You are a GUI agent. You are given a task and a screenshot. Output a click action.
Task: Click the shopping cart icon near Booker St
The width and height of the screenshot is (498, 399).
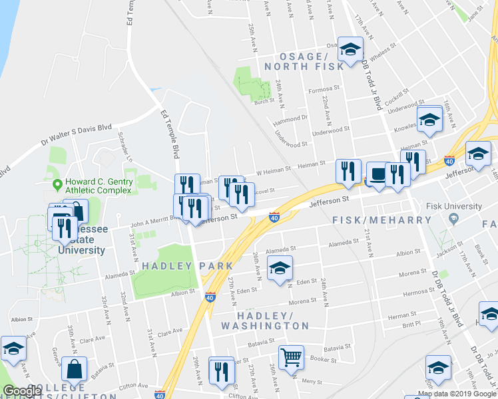point(291,357)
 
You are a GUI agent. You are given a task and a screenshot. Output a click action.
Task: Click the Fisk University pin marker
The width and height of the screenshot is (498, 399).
point(453,218)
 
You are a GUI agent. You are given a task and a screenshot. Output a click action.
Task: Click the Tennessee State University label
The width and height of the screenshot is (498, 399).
point(83,240)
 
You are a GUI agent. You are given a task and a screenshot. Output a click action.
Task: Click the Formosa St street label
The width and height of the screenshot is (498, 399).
point(324,88)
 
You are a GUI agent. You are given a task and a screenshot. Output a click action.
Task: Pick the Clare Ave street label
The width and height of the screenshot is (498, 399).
point(169,331)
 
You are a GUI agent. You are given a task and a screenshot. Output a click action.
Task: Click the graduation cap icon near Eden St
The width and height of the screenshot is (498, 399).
point(280,269)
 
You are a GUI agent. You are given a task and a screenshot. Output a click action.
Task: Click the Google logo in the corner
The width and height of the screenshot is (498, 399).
point(22,391)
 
